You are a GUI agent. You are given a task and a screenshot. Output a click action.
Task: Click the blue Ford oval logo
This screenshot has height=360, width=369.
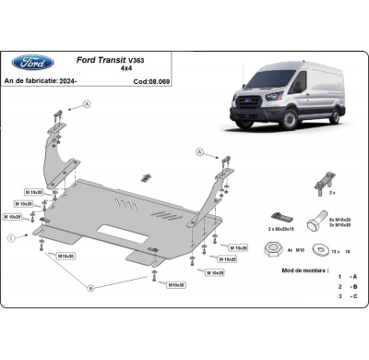(32, 63)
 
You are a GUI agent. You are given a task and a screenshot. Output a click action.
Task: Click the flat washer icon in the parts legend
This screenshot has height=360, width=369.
(320, 247)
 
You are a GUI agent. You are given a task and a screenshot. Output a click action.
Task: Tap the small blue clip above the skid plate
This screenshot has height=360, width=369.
(145, 176)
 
